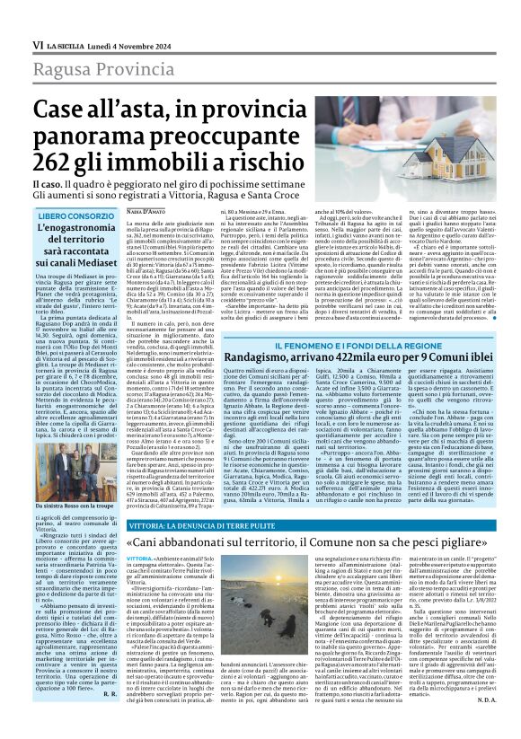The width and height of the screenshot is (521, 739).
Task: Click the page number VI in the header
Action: coord(37,44)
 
